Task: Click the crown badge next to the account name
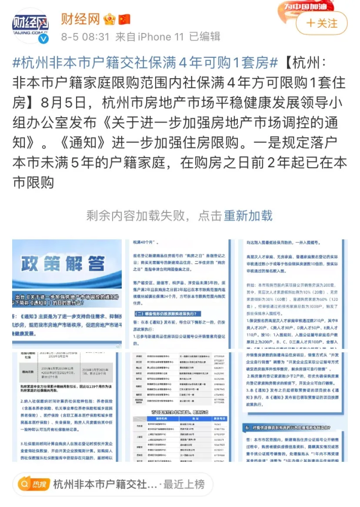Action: [110, 20]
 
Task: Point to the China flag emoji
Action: [124, 20]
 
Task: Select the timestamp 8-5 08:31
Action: [85, 37]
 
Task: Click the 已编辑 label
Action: [205, 37]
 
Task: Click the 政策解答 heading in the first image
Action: [63, 264]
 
